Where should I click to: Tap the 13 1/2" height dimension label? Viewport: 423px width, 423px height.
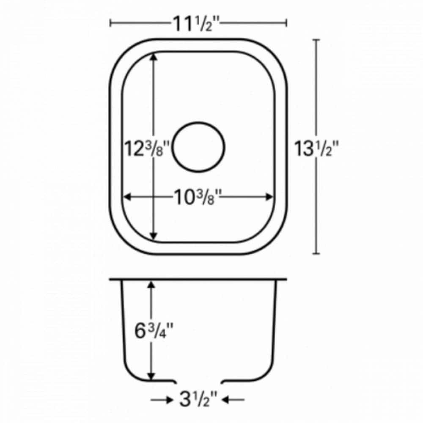318,149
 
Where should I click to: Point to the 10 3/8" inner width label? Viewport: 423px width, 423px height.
198,196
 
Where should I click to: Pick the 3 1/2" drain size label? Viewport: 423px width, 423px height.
198,399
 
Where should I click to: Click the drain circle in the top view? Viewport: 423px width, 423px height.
198,147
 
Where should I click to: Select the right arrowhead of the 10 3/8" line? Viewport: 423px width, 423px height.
269,197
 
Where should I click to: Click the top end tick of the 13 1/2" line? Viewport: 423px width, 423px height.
316,39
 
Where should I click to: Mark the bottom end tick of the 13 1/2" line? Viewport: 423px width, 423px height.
316,254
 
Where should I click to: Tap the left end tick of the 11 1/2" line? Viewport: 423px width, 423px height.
110,23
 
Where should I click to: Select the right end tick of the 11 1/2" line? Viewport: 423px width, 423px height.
287,23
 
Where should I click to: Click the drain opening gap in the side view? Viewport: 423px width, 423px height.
198,382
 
